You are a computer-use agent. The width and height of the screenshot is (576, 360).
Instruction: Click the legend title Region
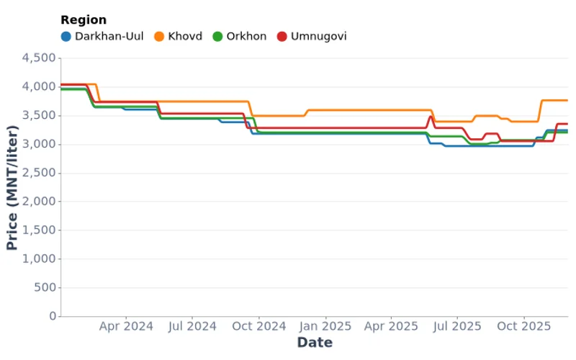coord(84,20)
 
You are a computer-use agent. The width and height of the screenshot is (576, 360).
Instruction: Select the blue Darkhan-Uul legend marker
coord(66,36)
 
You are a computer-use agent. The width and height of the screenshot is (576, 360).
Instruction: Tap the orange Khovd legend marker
coord(160,36)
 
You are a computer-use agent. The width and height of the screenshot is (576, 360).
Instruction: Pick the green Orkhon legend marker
coord(217,36)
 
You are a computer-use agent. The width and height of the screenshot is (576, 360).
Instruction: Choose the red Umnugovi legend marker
coord(282,36)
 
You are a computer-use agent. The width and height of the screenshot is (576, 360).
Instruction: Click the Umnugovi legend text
coord(318,36)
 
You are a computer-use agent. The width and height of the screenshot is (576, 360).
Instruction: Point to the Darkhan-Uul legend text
coord(109,36)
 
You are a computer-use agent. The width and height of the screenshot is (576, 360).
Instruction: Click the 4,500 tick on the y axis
coord(40,58)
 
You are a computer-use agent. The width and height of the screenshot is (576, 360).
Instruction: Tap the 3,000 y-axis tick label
coord(40,144)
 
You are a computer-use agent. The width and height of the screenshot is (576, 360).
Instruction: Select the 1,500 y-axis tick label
coord(40,230)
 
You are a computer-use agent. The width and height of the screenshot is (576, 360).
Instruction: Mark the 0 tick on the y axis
coord(53,316)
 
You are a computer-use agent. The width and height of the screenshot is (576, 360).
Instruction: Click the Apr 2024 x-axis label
coord(126,326)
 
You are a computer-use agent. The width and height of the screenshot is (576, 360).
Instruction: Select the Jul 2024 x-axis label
coord(192,326)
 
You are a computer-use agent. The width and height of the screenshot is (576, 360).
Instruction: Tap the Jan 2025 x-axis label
coord(325,326)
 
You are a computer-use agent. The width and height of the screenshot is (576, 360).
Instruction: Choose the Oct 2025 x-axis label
coord(523,326)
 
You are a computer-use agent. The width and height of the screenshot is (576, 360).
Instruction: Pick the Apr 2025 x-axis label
coord(390,326)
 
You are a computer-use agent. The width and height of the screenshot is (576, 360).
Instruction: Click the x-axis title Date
coord(315,342)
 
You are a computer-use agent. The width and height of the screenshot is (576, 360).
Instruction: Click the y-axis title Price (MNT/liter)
coord(12,187)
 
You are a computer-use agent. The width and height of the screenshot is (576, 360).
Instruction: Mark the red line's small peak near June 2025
coord(431,117)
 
